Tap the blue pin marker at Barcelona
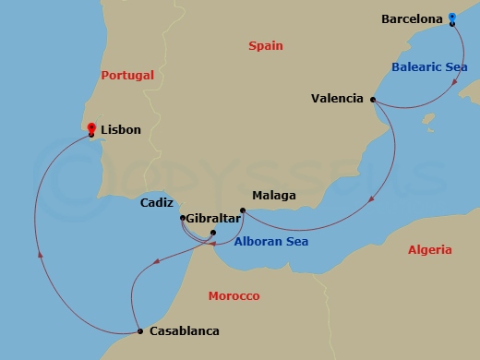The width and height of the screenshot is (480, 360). tap(452, 18)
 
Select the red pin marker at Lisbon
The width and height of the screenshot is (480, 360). tap(91, 129)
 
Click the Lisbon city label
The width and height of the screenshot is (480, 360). tap(121, 130)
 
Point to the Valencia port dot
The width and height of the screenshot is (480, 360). tap(373, 100)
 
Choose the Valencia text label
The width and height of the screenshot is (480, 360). tap(339, 98)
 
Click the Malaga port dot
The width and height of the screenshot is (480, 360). tap(242, 210)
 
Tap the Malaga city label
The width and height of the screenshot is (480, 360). tap(274, 196)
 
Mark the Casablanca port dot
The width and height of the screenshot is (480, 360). tap(139, 331)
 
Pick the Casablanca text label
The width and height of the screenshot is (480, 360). tap(183, 331)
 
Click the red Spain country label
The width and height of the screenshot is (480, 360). tap(266, 45)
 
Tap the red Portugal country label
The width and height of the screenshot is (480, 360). tap(127, 75)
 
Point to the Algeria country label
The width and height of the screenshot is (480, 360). tap(429, 249)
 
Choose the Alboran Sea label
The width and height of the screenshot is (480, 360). tap(271, 242)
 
